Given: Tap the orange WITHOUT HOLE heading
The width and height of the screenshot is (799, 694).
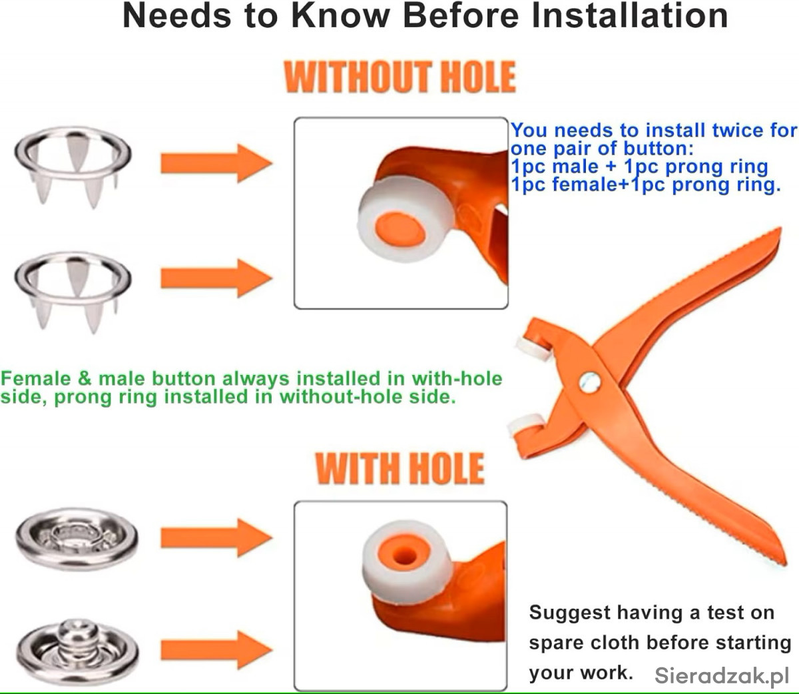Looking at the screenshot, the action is click(x=400, y=77).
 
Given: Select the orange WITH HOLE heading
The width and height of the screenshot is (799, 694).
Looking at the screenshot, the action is click(x=400, y=468).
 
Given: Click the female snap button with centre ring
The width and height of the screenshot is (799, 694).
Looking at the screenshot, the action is click(x=77, y=539).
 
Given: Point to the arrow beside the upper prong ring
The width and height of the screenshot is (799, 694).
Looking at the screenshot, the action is click(x=216, y=163).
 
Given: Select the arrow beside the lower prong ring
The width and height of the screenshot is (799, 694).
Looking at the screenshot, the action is click(x=216, y=278).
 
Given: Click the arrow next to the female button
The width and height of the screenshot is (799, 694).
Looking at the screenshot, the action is click(x=216, y=537).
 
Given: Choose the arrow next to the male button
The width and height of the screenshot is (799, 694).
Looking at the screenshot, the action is click(x=216, y=649).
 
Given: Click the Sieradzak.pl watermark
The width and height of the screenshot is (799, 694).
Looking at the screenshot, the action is click(x=722, y=675).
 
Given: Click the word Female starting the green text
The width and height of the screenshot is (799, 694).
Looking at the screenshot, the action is click(x=36, y=378).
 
